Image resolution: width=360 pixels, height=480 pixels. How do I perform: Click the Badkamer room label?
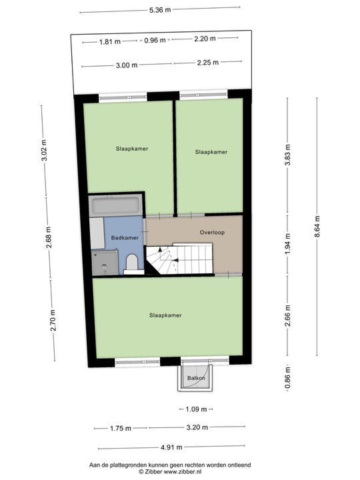[125, 238]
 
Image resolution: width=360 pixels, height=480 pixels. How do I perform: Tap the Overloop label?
[213, 233]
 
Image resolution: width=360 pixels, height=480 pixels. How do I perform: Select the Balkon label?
[196, 379]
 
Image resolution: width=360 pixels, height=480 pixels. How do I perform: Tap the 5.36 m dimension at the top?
[159, 10]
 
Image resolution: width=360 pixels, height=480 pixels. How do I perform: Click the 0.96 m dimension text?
[154, 41]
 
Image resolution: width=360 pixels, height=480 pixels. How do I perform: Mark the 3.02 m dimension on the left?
[45, 152]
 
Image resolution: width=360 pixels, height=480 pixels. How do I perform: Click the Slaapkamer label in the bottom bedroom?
[166, 315]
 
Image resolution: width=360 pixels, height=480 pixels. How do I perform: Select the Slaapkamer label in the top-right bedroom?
[211, 152]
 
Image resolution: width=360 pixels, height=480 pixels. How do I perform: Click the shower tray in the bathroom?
[105, 262]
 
